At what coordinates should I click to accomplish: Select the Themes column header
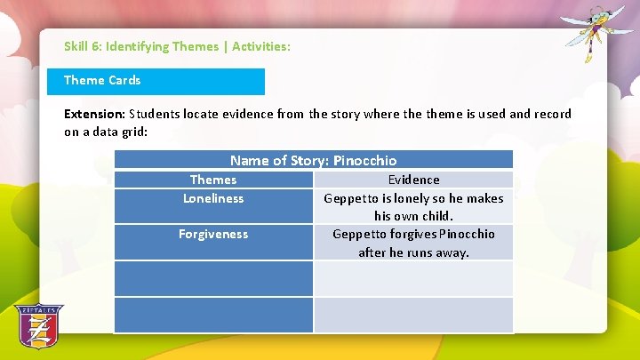pyautogui.click(x=213, y=180)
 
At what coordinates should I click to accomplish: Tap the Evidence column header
pyautogui.click(x=413, y=180)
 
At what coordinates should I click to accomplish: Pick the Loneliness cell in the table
pyautogui.click(x=213, y=198)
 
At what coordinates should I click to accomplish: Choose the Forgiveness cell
pyautogui.click(x=213, y=234)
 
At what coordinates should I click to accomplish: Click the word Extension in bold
pyautogui.click(x=94, y=114)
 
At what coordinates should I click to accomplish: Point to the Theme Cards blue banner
pyautogui.click(x=156, y=81)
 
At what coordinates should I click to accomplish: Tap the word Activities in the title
pyautogui.click(x=259, y=46)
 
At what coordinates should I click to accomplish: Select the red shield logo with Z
pyautogui.click(x=38, y=326)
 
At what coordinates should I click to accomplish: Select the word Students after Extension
pyautogui.click(x=156, y=114)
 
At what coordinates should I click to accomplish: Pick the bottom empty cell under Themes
pyautogui.click(x=213, y=315)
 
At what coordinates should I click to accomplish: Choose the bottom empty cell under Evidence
pyautogui.click(x=413, y=315)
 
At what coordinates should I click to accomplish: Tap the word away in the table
pyautogui.click(x=451, y=252)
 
